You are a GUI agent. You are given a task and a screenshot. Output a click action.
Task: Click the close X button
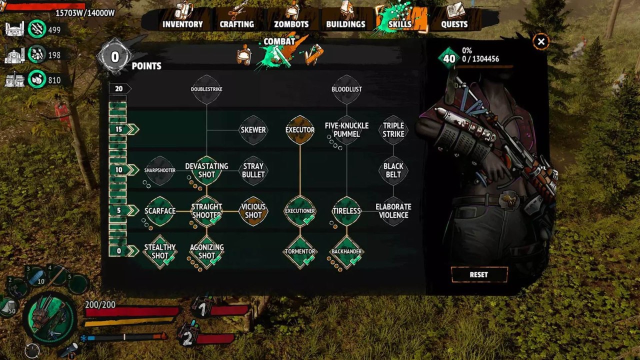541,41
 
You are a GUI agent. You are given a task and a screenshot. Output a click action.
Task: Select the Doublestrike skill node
206,89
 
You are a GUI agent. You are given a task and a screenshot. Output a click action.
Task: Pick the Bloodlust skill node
346,89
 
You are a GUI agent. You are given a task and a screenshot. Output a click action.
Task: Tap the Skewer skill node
253,130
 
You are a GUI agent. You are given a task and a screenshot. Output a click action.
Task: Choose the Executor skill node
300,130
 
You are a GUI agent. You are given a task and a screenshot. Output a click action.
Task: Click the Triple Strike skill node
393,130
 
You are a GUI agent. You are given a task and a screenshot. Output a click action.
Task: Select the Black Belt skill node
393,170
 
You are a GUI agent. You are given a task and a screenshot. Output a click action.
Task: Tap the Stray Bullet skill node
253,170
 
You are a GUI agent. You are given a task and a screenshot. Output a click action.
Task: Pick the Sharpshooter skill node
160,170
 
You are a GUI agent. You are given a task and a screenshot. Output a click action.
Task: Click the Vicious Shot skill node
253,211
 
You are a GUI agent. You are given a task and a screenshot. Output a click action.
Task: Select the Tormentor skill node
300,251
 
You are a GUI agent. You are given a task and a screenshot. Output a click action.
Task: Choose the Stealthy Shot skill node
160,251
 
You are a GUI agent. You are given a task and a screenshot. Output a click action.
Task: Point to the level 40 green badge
449,58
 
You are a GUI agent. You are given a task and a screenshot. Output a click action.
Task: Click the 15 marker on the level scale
119,129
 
